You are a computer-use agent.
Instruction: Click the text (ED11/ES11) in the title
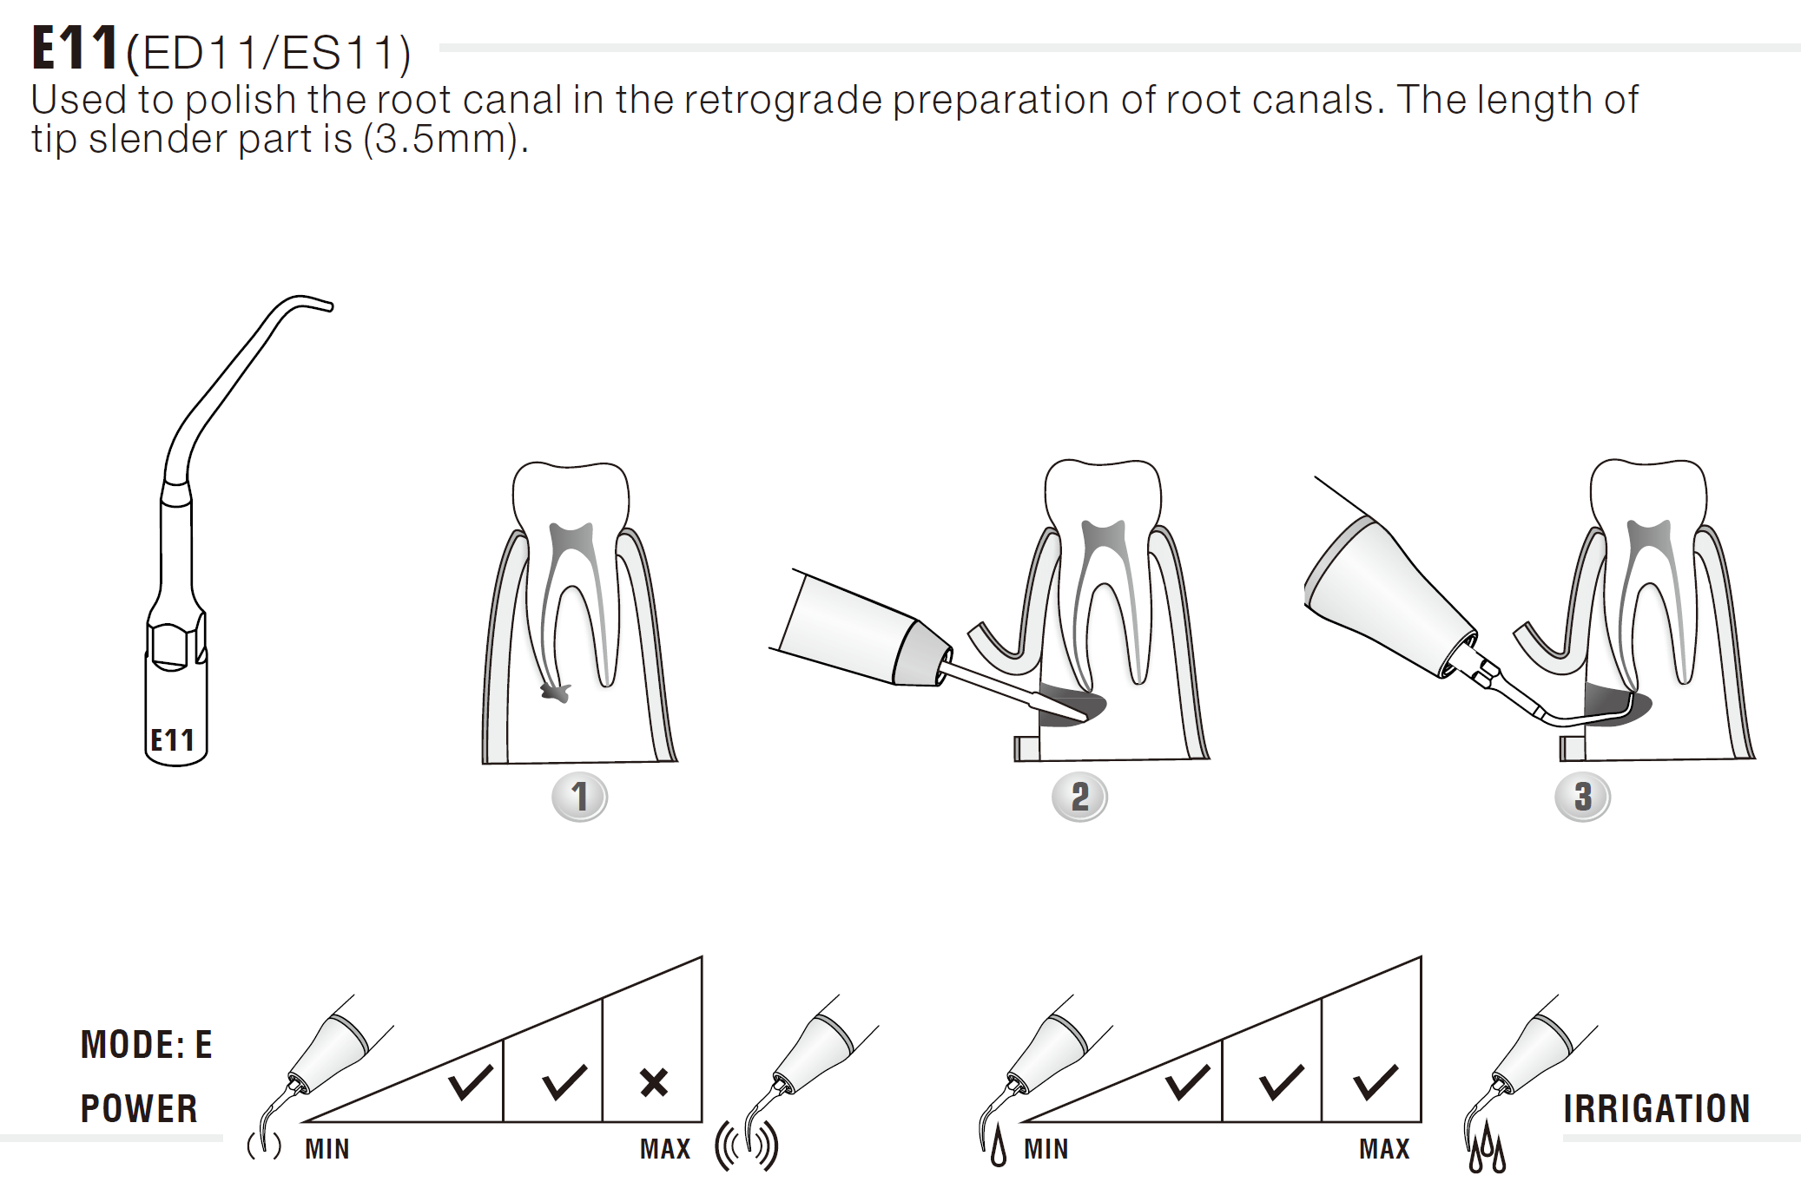[x=268, y=53]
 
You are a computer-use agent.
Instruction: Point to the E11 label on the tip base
[x=172, y=740]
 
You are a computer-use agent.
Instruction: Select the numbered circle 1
[x=579, y=797]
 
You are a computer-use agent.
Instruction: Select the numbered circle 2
[x=1079, y=797]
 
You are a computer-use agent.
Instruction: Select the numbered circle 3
[x=1582, y=797]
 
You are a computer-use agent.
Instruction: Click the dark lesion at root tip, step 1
[x=556, y=692]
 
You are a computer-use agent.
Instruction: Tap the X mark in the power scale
[x=653, y=1082]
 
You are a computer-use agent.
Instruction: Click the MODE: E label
[x=146, y=1045]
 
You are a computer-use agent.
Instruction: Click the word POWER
[x=139, y=1109]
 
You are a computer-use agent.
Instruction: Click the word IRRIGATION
[x=1656, y=1109]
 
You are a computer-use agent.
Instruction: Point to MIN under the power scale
[x=327, y=1149]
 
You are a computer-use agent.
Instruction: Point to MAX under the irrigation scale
[x=1384, y=1149]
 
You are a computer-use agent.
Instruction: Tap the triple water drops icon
[x=1487, y=1147]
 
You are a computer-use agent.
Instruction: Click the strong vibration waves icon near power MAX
[x=746, y=1146]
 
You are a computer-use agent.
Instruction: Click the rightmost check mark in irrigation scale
[x=1375, y=1082]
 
